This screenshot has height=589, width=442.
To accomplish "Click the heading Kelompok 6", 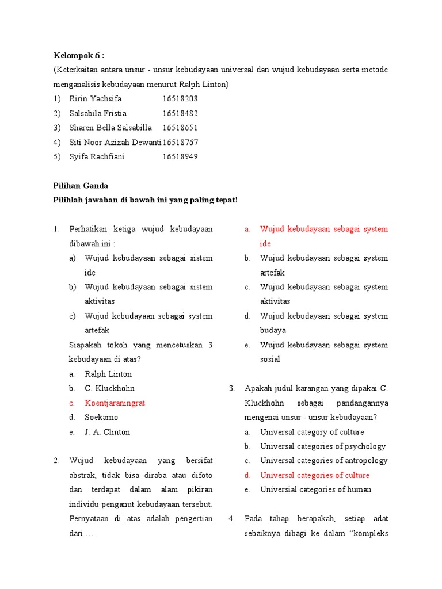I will (79, 55).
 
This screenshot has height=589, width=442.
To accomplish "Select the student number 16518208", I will (180, 98).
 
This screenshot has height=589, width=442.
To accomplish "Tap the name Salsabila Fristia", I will (98, 113).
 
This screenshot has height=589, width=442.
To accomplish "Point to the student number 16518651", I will (180, 128).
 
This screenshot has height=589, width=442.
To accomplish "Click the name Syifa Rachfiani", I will (97, 156).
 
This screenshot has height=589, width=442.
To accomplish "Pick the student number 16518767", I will (180, 142).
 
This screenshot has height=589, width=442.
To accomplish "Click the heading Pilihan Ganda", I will (81, 185).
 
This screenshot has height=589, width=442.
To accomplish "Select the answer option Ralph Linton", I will (108, 374).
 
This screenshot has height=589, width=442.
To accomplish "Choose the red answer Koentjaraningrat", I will (115, 403).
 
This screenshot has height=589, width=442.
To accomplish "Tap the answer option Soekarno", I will (101, 417).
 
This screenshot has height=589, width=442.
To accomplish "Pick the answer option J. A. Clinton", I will (108, 432).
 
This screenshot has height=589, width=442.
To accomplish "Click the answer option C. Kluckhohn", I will (109, 388).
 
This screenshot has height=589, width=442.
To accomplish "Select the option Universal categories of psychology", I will (323, 446).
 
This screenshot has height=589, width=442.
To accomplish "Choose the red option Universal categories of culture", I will (315, 475).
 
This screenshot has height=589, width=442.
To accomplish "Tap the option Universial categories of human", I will (316, 489).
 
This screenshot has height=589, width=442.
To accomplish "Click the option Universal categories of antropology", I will (324, 460).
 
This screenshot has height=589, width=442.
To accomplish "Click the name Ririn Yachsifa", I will (96, 98).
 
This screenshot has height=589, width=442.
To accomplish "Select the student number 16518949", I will (180, 156).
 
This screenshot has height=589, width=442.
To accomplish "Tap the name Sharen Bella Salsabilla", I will (110, 128).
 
